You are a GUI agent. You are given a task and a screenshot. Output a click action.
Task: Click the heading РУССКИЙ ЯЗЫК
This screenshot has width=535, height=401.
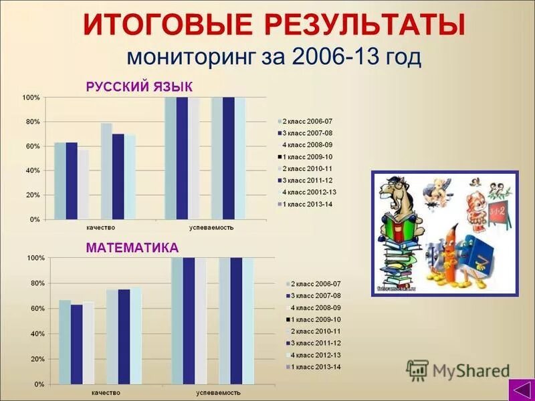coord(139,87)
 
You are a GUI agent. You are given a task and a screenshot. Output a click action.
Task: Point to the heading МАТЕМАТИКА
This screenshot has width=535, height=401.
coord(132,248)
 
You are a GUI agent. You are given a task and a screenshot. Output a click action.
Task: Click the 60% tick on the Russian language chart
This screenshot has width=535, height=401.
coord(33,146)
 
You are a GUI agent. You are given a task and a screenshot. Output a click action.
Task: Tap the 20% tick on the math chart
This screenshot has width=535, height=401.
coord(36,360)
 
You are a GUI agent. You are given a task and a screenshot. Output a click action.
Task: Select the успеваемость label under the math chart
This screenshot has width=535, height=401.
coord(215,393)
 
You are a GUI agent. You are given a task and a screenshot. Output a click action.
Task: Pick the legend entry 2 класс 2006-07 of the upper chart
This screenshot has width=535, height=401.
coord(308,122)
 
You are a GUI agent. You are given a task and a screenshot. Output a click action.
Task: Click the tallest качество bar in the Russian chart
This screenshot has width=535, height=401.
coord(106,171)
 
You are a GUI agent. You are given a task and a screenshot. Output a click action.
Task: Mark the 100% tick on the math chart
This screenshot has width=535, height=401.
coord(35,258)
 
